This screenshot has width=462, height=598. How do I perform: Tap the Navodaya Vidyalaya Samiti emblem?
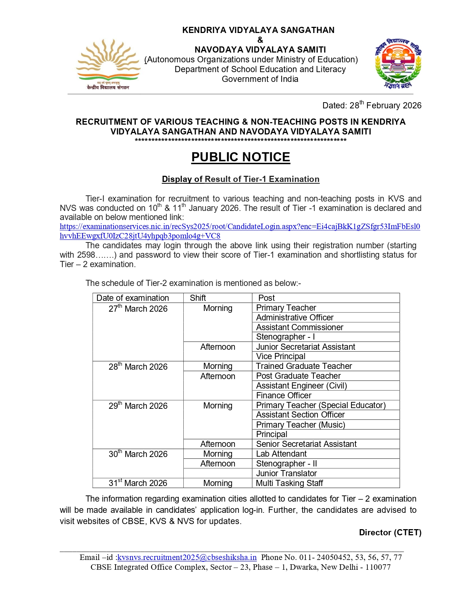tap(398, 63)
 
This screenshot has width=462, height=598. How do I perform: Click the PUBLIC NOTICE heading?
tap(241, 157)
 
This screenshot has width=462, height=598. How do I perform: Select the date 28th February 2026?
tap(385, 105)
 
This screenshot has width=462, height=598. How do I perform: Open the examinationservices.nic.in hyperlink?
tap(240, 227)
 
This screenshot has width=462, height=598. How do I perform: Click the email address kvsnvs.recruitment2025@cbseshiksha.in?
tap(187, 557)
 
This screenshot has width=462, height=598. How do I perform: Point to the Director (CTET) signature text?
tap(390, 532)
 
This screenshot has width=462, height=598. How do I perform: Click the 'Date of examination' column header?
tap(133, 298)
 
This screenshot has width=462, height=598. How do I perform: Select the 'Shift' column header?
tap(198, 298)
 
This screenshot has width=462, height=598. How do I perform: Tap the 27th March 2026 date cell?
tap(138, 309)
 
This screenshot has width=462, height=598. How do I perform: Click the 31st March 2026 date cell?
tap(138, 483)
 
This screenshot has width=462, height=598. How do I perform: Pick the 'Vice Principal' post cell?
tap(281, 356)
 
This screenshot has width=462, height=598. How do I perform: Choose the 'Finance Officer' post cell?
tap(284, 395)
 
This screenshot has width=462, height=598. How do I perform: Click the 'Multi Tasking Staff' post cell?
tap(289, 483)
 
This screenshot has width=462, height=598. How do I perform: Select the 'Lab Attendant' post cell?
tap(281, 454)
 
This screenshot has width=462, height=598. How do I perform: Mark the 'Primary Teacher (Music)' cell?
tap(300, 425)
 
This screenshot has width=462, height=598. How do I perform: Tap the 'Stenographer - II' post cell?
tap(286, 464)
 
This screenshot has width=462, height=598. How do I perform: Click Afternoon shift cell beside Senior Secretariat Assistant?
tap(218, 444)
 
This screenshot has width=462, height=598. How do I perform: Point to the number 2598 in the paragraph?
tap(86, 255)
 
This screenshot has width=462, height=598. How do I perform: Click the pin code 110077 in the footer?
tap(378, 567)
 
